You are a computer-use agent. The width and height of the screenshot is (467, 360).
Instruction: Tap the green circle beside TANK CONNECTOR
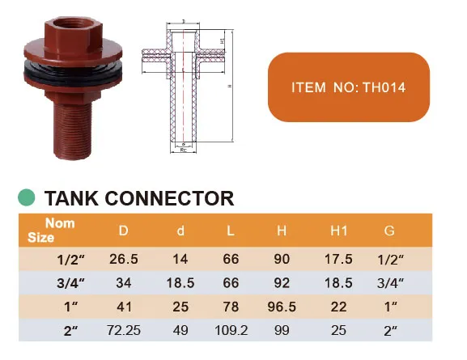[x=27, y=197]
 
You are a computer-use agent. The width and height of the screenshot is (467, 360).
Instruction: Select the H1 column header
[x=338, y=231]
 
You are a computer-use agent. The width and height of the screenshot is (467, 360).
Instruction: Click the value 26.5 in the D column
[x=123, y=260]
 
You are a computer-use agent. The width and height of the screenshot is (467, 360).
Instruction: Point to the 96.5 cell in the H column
[x=282, y=307]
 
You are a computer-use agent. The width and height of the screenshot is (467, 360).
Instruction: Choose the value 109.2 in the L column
[x=231, y=331]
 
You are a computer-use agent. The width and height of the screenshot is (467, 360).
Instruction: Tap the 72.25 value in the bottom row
[x=123, y=331]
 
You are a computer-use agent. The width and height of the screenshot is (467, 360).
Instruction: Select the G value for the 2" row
[x=389, y=331]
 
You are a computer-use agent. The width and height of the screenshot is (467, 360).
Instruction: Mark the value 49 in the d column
[x=180, y=331]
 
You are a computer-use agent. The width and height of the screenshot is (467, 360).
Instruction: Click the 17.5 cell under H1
[x=338, y=260]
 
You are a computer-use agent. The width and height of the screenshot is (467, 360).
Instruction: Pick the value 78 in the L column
[x=231, y=307]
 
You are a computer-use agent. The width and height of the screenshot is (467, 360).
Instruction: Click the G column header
[x=389, y=231]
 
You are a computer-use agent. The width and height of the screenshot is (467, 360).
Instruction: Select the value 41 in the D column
[x=123, y=307]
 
